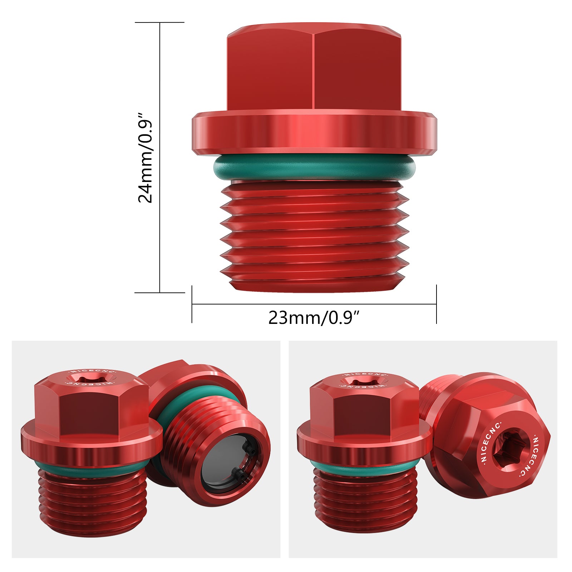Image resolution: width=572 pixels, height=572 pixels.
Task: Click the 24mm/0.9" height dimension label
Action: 146,158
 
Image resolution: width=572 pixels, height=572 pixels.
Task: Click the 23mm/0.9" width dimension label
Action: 314,318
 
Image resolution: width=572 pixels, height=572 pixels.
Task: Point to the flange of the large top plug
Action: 314,133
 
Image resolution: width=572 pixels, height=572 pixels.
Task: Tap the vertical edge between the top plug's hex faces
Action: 314,71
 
